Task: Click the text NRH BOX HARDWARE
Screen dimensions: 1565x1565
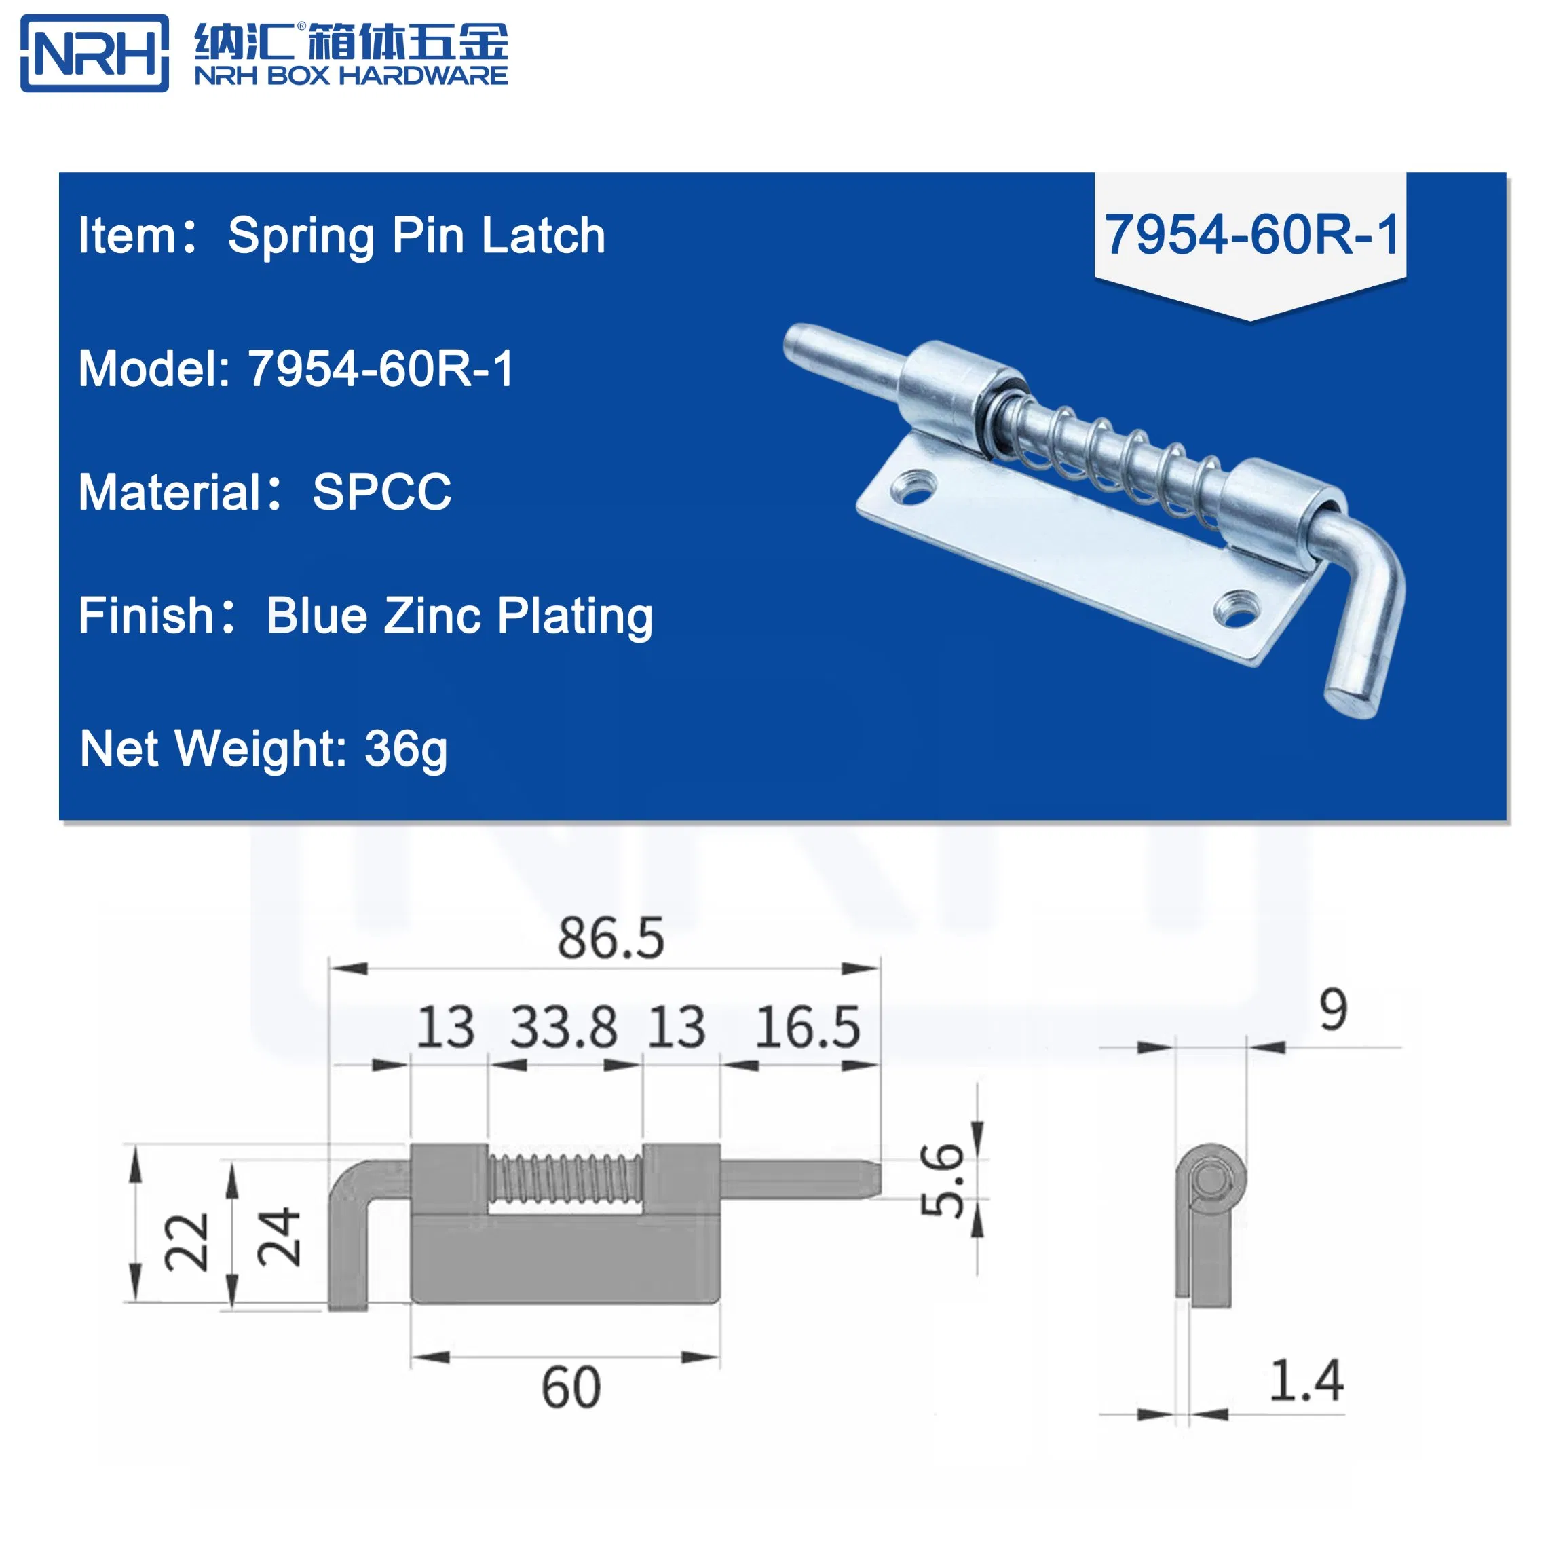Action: click(351, 76)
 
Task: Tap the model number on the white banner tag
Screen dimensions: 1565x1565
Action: click(1251, 235)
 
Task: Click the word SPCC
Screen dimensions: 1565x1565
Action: click(381, 492)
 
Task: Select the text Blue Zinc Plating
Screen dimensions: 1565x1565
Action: click(459, 616)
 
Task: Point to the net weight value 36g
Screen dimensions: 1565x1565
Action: click(405, 749)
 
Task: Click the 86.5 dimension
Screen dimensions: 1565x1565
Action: click(611, 939)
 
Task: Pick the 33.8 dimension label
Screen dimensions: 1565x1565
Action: click(564, 1027)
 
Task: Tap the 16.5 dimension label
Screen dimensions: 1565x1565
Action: click(808, 1027)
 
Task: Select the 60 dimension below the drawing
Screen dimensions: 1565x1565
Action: click(571, 1389)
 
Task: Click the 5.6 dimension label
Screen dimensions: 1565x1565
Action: click(942, 1180)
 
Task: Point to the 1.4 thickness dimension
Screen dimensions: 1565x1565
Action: click(1306, 1381)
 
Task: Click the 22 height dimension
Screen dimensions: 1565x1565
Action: click(187, 1242)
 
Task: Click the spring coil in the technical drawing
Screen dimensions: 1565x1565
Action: click(565, 1177)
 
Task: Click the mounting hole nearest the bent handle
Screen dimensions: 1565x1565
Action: click(1238, 608)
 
